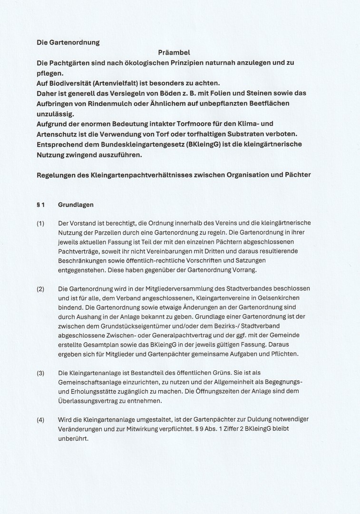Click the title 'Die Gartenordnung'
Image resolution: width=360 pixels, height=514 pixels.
tap(68, 42)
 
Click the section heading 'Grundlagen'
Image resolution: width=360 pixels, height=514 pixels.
tap(76, 205)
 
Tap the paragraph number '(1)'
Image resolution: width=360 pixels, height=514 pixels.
tap(40, 223)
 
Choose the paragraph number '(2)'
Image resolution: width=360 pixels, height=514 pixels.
tap(40, 289)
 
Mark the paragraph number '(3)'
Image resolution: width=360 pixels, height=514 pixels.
tap(40, 373)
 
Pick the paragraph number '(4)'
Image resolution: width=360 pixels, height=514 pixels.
tap(40, 420)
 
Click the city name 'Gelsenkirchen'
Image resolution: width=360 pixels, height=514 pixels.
tap(282, 298)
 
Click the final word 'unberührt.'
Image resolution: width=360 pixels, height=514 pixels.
tap(73, 438)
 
